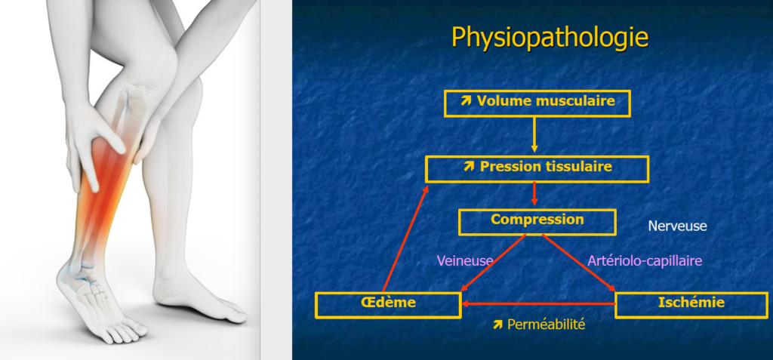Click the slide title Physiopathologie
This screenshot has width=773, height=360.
pyautogui.click(x=550, y=37)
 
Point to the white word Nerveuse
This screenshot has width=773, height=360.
pyautogui.click(x=677, y=226)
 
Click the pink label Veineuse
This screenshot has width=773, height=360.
pyautogui.click(x=465, y=260)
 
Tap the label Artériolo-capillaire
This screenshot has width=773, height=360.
pyautogui.click(x=645, y=260)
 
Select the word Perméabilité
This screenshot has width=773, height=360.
pyautogui.click(x=547, y=324)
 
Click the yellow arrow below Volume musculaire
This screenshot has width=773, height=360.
pyautogui.click(x=534, y=134)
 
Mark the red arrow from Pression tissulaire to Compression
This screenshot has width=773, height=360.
pyautogui.click(x=534, y=194)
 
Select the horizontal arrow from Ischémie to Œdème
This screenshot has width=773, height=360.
pyautogui.click(x=538, y=304)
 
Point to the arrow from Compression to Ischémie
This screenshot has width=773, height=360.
pyautogui.click(x=579, y=263)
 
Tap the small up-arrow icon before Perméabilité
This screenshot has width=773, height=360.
pyautogui.click(x=497, y=324)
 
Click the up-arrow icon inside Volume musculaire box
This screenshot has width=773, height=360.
pyautogui.click(x=466, y=101)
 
